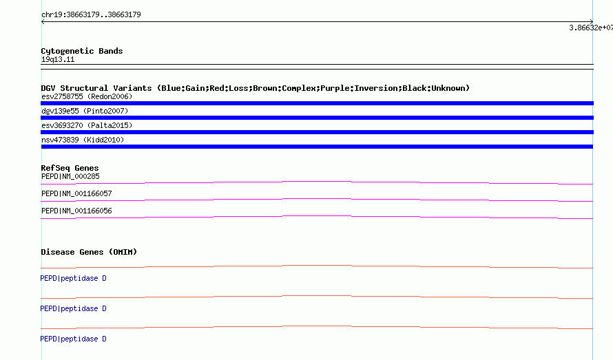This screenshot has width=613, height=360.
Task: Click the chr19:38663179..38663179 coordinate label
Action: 91,15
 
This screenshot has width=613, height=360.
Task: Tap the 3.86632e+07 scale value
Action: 591,28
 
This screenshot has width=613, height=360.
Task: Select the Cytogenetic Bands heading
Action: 82,51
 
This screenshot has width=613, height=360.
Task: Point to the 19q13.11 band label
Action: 58,59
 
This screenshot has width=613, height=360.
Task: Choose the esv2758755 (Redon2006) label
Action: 87,96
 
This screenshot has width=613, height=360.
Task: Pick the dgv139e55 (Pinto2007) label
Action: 85,111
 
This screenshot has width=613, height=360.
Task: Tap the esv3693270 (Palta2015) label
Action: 87,125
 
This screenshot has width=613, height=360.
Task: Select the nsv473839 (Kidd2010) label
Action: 83,140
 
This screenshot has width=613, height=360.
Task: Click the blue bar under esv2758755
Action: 317,103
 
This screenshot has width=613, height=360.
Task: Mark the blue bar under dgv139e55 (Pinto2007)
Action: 317,118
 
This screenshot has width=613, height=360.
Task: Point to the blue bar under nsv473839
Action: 317,147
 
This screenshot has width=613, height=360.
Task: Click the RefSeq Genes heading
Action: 70,168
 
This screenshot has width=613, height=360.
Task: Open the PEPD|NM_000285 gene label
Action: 70,176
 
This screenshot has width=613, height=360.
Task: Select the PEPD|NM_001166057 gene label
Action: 76,193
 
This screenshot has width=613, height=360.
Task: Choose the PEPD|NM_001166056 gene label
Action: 76,211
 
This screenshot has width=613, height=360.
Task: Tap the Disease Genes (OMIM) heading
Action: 89,252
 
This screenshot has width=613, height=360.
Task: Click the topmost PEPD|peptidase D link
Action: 73,278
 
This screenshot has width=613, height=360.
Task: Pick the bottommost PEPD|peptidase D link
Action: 73,339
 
